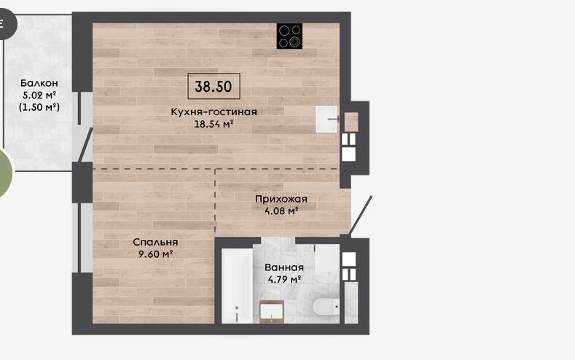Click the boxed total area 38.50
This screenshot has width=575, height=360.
click(x=214, y=87)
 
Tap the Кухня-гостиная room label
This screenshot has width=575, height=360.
click(x=214, y=111)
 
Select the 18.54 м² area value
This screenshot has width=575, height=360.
click(x=214, y=124)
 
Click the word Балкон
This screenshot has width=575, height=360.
click(x=39, y=83)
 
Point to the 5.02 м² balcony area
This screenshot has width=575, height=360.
click(x=39, y=95)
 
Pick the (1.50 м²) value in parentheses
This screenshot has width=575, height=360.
click(x=39, y=107)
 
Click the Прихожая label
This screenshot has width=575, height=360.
click(x=281, y=199)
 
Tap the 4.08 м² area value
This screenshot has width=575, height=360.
click(x=281, y=211)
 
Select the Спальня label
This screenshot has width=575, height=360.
click(x=155, y=242)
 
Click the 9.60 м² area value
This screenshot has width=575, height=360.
click(x=155, y=254)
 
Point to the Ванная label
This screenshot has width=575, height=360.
click(x=284, y=267)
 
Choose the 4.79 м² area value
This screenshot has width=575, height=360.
click(x=284, y=279)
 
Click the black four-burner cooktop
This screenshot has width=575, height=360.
click(x=290, y=36)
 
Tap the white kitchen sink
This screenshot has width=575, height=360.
click(x=326, y=119)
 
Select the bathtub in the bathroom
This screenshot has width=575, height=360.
click(x=238, y=286)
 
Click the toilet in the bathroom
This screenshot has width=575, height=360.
click(x=326, y=307)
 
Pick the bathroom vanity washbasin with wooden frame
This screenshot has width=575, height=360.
click(x=272, y=312)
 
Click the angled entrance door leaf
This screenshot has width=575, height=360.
click(x=360, y=216)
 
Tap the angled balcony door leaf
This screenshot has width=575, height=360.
click(x=86, y=145)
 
